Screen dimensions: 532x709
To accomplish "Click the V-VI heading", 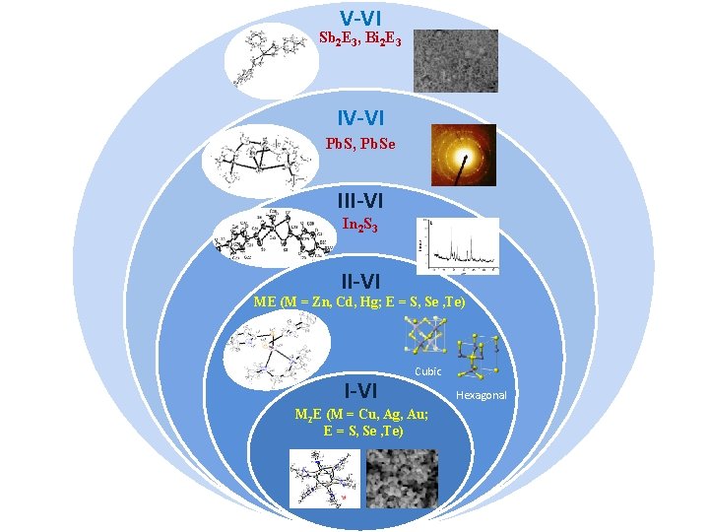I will pos(361,18).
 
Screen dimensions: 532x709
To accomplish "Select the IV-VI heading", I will pos(360,118).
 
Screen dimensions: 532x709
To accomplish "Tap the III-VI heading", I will pos(360,201).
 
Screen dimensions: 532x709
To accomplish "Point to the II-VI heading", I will pos(360,284).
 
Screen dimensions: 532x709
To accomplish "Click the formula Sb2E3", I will pos(340,38).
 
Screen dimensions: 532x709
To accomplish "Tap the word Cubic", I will pos(428,371).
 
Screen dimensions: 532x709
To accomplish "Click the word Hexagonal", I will pos(482,395).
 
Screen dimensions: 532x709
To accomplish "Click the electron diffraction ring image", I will pos(463,155).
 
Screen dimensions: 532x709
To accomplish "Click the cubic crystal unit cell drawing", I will pos(426,339).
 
